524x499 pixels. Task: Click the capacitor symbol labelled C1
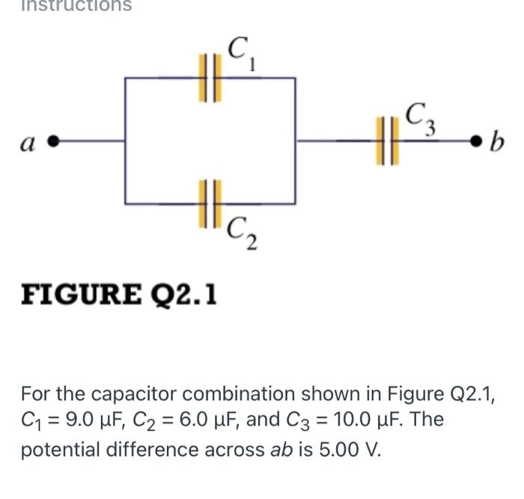[209, 77]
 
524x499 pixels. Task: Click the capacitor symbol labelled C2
[209, 203]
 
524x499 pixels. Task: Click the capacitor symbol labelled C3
[387, 140]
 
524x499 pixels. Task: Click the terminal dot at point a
[54, 140]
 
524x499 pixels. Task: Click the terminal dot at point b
[474, 140]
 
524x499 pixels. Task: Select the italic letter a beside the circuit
[31, 140]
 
